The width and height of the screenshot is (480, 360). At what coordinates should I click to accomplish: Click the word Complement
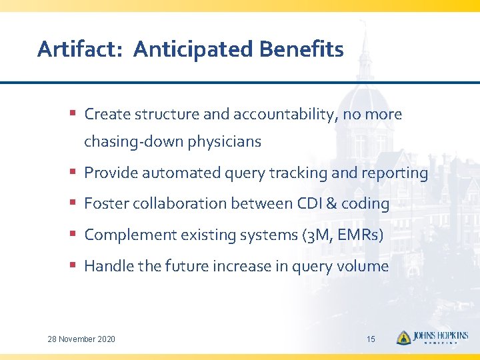[127, 235]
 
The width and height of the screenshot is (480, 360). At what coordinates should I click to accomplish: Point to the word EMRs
[361, 235]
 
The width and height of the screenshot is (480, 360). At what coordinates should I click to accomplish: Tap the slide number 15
[371, 339]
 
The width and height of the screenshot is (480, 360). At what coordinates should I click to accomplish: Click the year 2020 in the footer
[106, 339]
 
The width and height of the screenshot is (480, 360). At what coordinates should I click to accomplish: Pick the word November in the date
[77, 339]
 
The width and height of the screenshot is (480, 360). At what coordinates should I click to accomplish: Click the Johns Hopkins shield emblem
[403, 337]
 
